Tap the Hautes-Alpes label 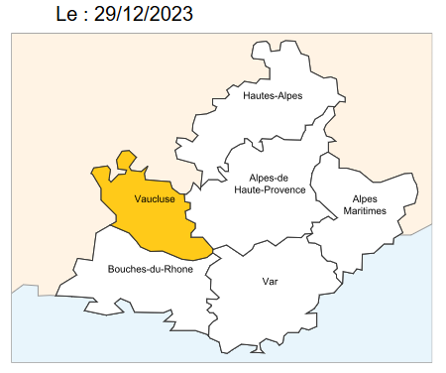pos(273,96)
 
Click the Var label pos(270,282)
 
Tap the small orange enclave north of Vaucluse pos(125,161)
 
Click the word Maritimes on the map pos(365,211)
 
